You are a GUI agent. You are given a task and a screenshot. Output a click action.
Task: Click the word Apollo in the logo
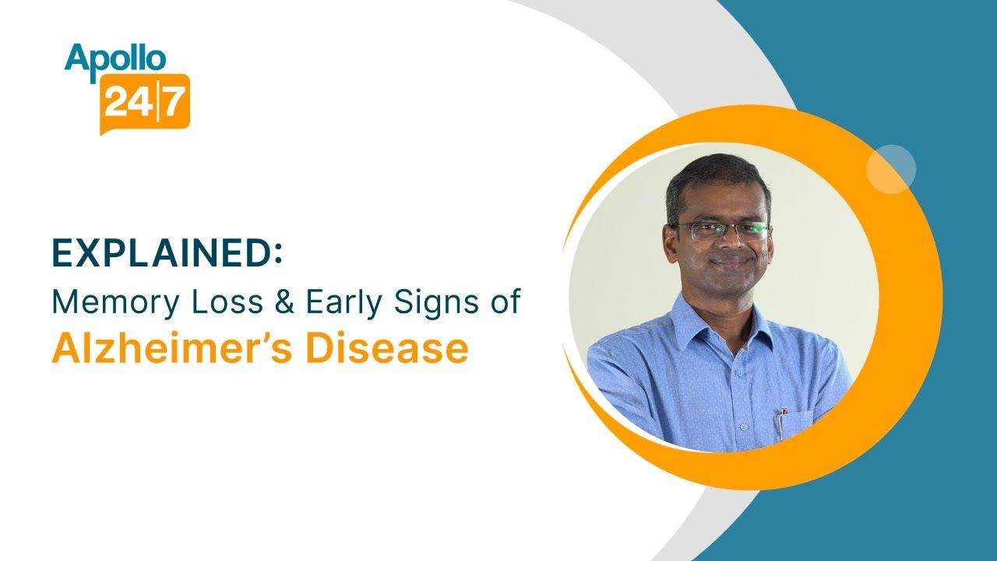coord(114,58)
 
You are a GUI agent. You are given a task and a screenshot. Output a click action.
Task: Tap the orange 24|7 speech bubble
coord(145,101)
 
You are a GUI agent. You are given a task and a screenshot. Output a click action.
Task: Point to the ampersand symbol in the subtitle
coord(284,302)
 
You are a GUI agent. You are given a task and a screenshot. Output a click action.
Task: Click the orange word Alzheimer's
coord(172,349)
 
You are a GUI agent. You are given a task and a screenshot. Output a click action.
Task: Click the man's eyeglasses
coord(720,231)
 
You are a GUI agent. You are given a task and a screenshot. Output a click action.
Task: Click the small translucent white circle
coord(891,169)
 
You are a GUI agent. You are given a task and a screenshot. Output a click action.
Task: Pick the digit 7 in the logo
coord(175,102)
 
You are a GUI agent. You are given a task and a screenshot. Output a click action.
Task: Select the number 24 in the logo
coord(129,102)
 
